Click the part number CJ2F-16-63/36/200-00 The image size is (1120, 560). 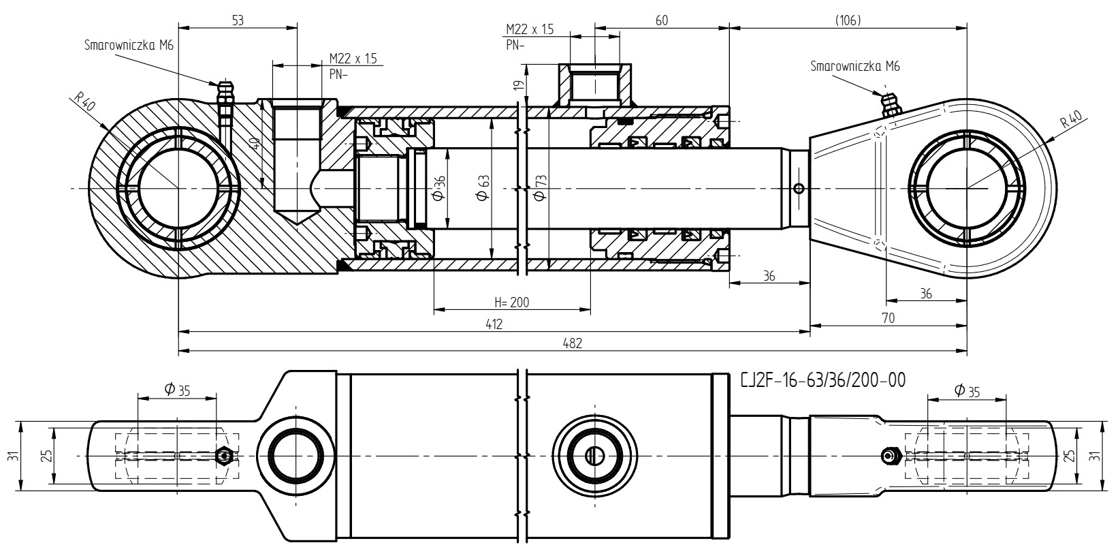(822, 381)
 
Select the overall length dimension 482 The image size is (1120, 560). (573, 343)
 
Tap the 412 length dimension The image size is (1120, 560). (494, 324)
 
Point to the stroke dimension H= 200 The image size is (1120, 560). (511, 302)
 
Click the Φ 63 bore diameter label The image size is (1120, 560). (483, 188)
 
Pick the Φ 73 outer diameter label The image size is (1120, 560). (541, 188)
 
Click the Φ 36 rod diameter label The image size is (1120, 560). (438, 188)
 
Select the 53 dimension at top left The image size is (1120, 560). (238, 20)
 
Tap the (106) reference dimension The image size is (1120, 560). (848, 20)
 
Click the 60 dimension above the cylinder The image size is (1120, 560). (662, 20)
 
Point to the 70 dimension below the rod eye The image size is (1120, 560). (889, 317)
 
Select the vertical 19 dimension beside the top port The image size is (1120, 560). (520, 84)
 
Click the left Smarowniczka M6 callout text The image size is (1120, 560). (129, 45)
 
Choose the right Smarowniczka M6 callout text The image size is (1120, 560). (855, 66)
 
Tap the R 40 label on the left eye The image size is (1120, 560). (84, 103)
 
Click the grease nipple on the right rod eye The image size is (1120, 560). (889, 106)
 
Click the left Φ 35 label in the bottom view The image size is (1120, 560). (178, 389)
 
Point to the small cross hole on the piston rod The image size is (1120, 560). (799, 189)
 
